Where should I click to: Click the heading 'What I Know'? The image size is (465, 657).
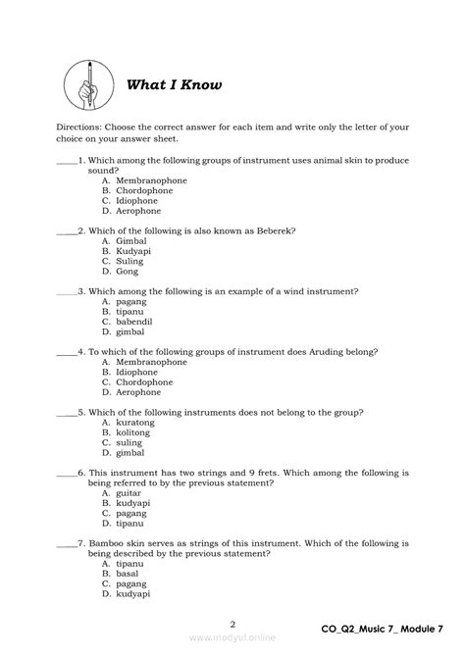tap(174, 85)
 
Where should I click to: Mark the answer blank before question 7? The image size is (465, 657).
tap(67, 542)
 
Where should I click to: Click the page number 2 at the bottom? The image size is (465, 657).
tap(232, 624)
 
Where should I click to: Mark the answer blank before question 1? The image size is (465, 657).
tap(67, 161)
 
